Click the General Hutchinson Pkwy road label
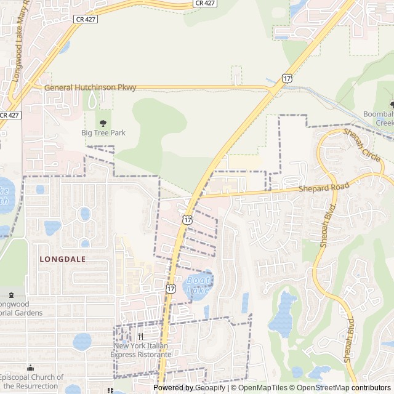tap(90, 87)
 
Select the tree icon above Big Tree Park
tap(102, 123)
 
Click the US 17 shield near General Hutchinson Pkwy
tap(287, 78)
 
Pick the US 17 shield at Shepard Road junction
tap(187, 220)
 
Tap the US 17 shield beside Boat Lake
tap(170, 288)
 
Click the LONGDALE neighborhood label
tap(62, 259)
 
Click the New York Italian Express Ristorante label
tap(142, 350)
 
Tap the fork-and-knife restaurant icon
tap(141, 337)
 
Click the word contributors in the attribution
tap(372, 388)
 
